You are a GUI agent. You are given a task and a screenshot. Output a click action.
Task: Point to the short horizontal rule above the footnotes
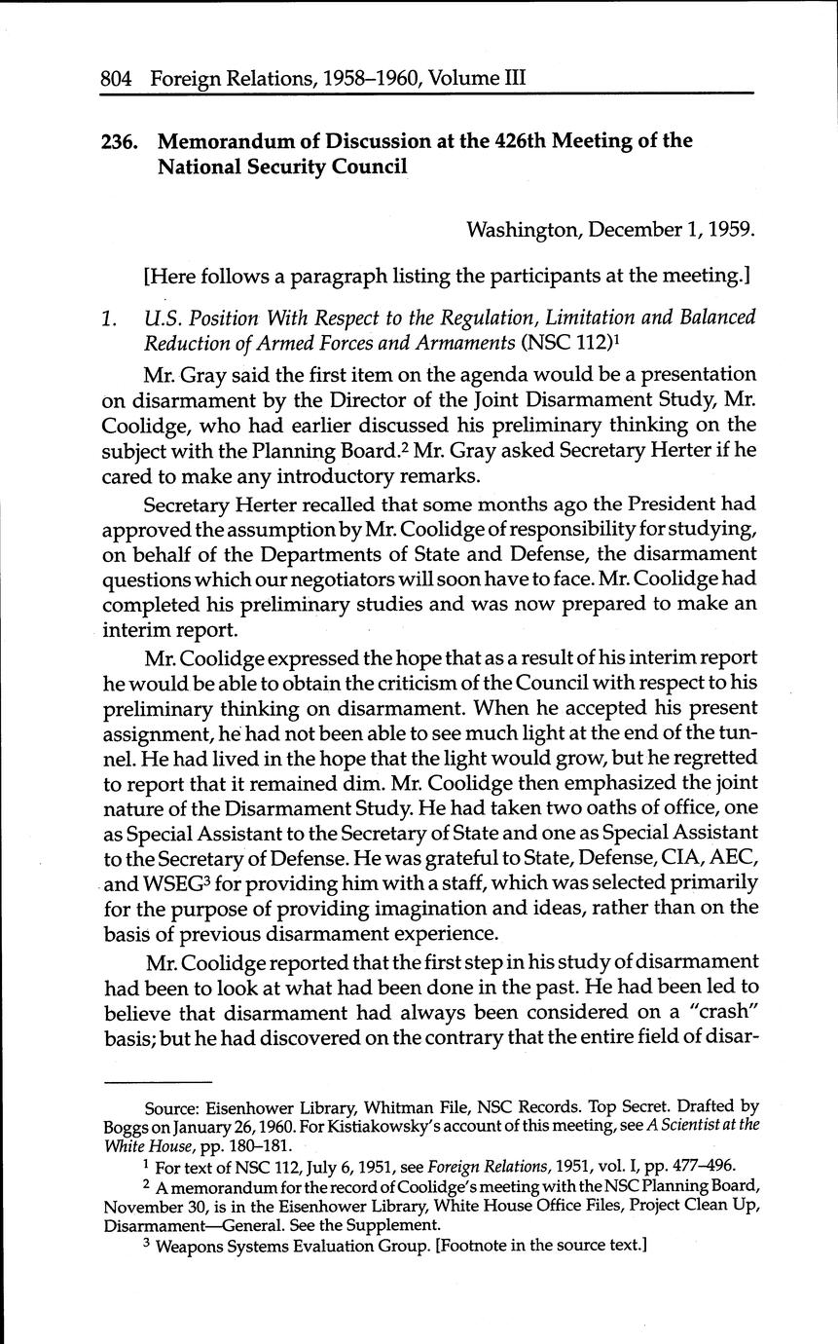[x=158, y=1083]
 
